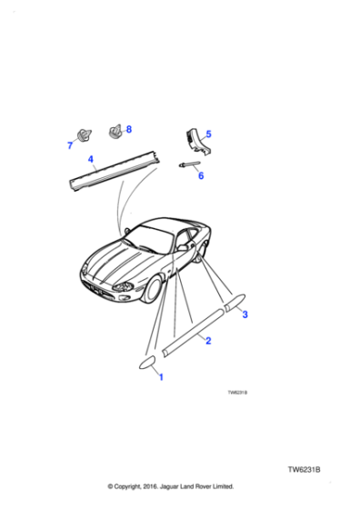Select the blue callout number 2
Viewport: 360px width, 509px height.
(x=208, y=341)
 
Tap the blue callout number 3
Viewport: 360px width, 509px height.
(x=243, y=315)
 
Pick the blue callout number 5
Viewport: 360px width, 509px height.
(x=207, y=135)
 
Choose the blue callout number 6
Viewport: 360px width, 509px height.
(x=201, y=175)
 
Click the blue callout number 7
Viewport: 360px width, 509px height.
(x=69, y=145)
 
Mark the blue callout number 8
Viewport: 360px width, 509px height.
(x=128, y=129)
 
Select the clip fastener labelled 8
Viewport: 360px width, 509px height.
(x=115, y=133)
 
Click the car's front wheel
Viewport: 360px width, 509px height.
(x=154, y=290)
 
